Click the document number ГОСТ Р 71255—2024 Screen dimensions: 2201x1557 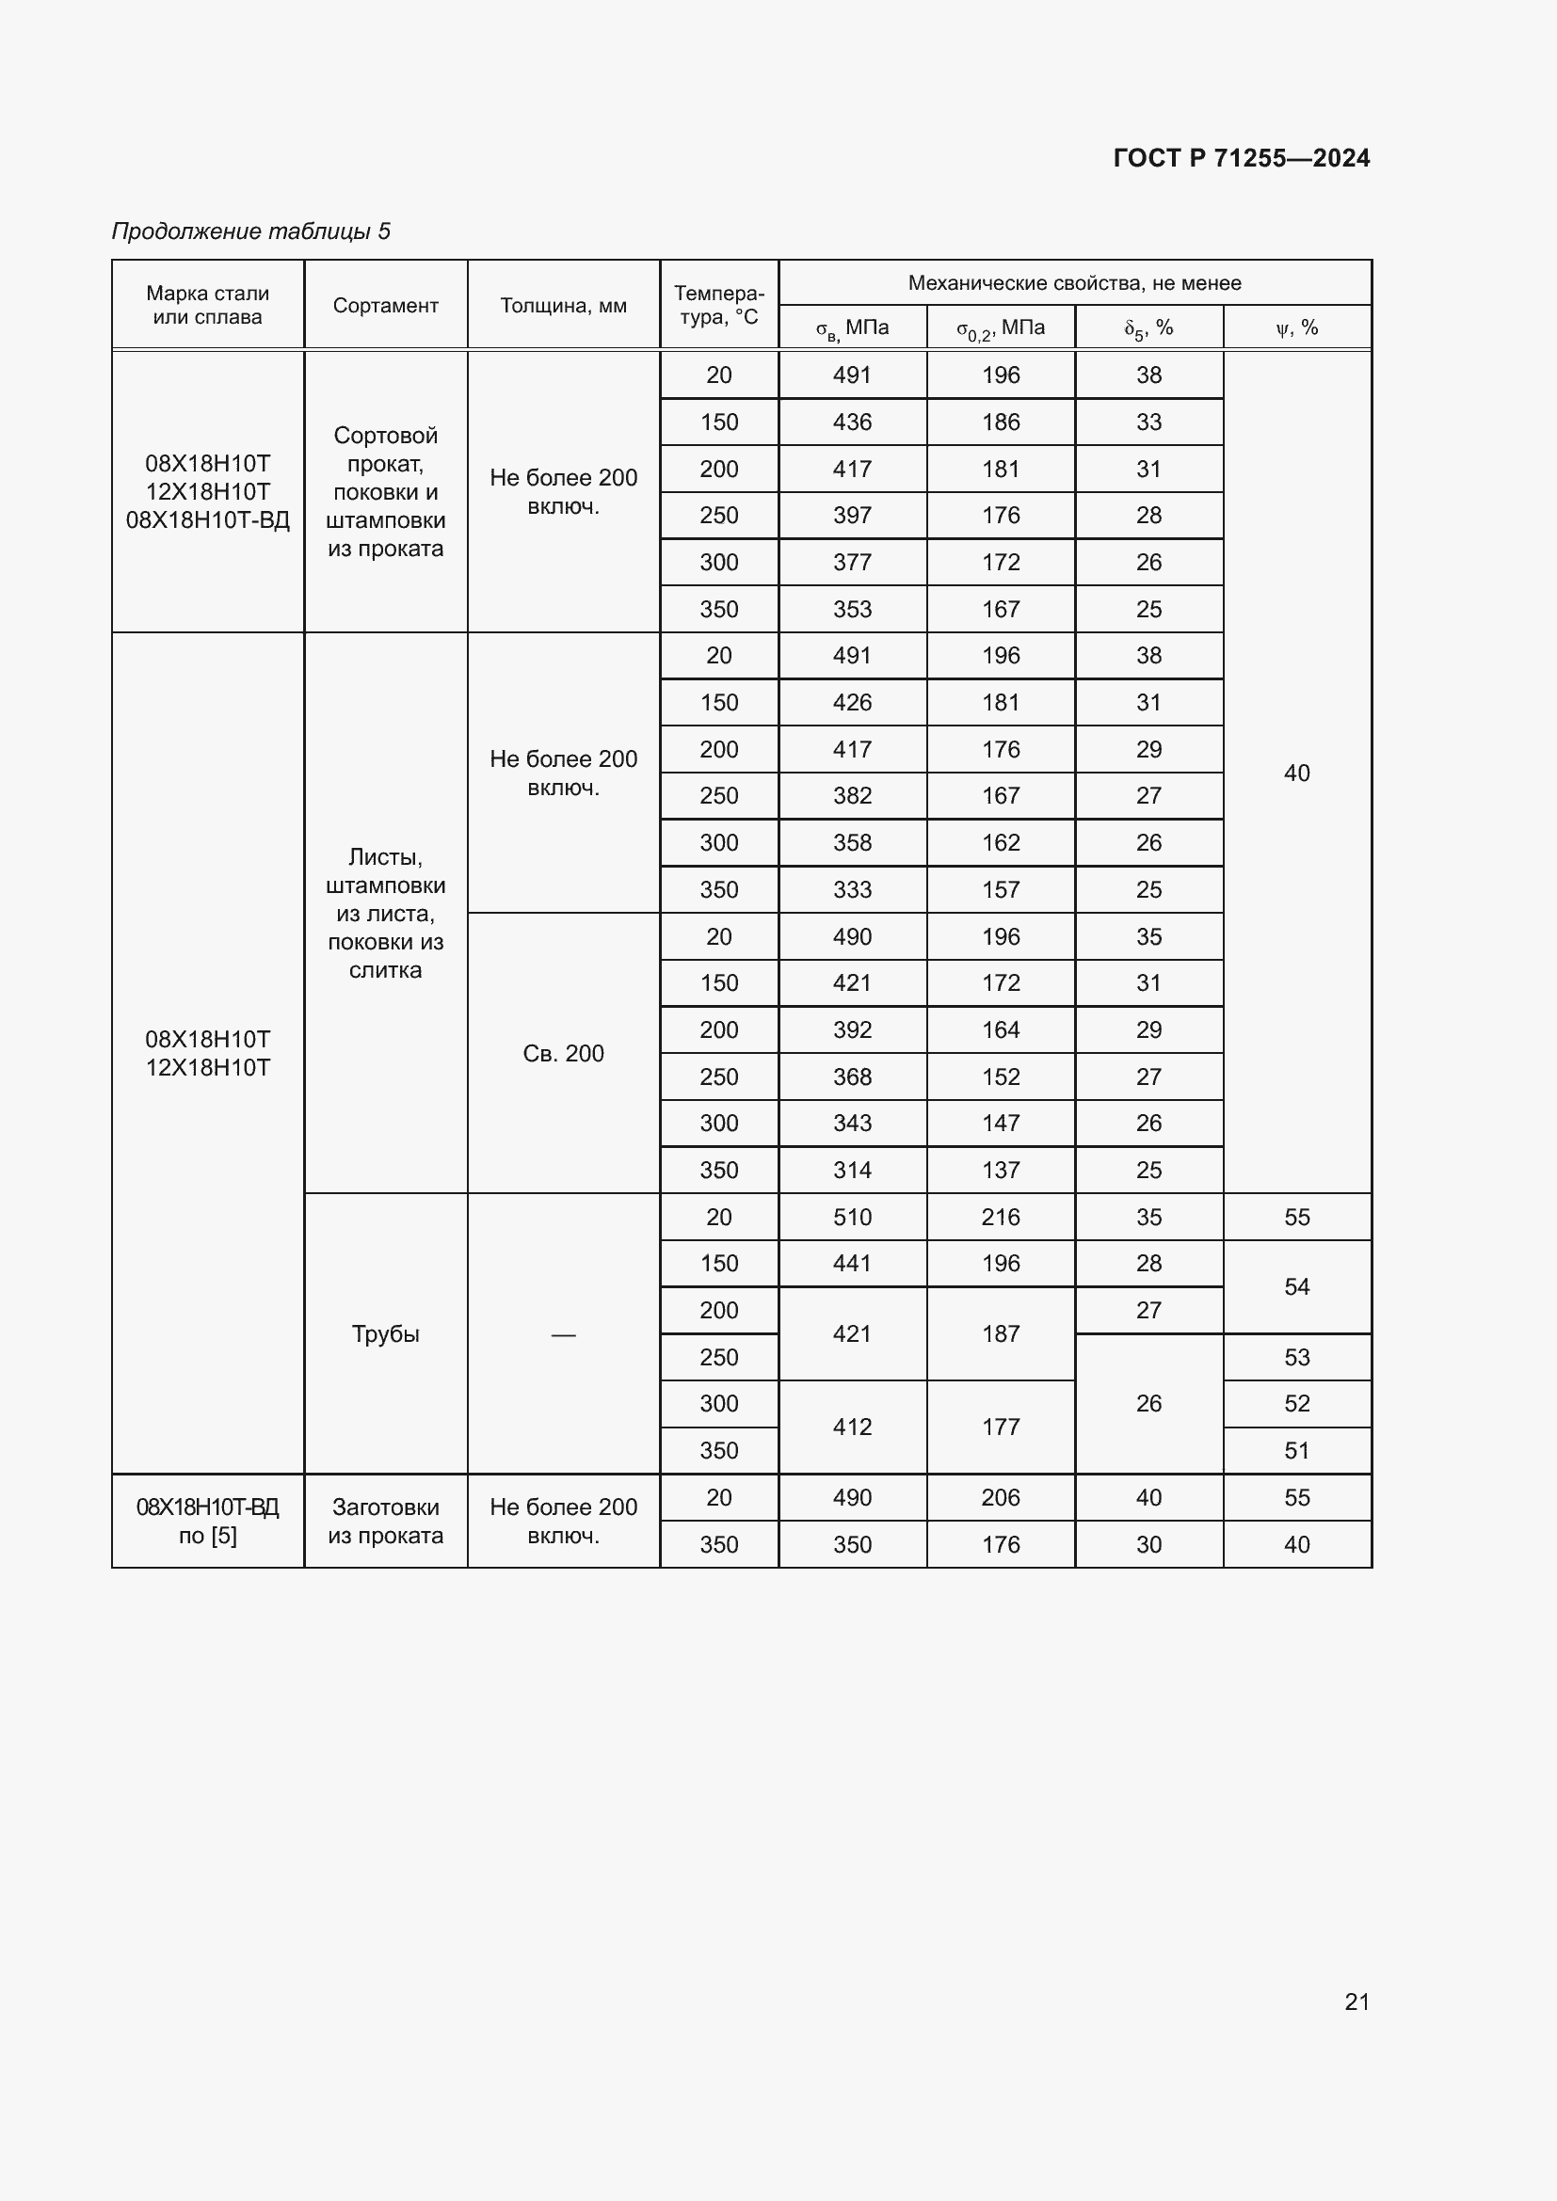point(1241,158)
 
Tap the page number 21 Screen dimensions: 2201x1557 point(1356,2002)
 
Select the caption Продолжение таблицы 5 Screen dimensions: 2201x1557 point(251,231)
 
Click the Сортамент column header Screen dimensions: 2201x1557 point(385,306)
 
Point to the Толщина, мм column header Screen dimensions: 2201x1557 point(563,306)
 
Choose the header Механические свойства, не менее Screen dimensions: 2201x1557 point(1074,283)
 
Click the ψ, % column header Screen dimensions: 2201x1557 point(1296,327)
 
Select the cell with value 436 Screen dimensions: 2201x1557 point(851,422)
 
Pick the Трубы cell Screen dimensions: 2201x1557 point(385,1333)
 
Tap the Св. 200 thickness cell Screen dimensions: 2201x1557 point(563,1054)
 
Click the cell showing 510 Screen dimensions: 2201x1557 point(851,1217)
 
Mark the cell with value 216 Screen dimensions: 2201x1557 point(1000,1217)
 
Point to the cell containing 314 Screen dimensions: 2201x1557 point(851,1170)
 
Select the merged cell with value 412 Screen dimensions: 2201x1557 point(851,1427)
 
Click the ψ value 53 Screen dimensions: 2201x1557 point(1296,1357)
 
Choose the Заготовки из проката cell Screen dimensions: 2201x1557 point(385,1521)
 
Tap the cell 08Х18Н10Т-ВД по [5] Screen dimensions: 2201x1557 point(207,1521)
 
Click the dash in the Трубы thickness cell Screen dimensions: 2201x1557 point(563,1334)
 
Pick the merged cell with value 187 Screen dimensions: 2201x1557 point(1000,1333)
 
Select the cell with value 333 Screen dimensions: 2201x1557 point(851,889)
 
